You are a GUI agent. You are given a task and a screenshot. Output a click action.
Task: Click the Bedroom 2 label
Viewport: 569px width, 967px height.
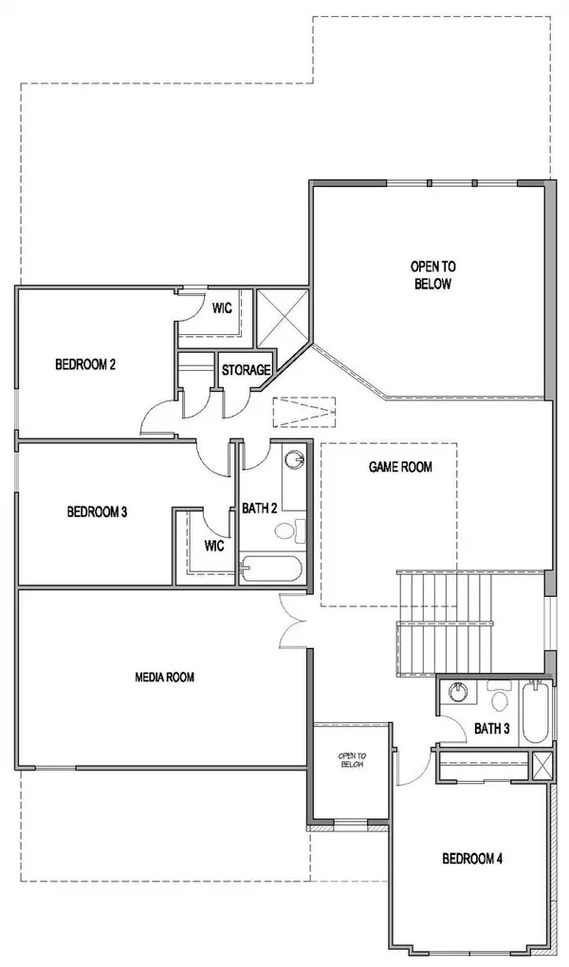[x=85, y=364]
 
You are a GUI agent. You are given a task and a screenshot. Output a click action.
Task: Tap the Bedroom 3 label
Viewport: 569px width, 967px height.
[x=97, y=511]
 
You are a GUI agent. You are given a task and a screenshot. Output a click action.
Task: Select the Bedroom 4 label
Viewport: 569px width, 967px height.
[x=472, y=859]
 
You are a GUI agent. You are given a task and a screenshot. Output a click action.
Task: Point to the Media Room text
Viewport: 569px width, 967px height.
[x=165, y=678]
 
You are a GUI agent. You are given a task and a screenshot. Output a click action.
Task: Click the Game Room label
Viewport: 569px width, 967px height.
[x=401, y=467]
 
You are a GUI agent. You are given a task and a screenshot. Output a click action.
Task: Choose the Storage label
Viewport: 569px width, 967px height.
[x=246, y=370]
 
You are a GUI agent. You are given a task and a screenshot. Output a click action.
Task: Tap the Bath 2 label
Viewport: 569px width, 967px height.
[x=259, y=508]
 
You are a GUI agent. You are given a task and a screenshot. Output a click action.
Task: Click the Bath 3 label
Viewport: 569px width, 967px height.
[x=492, y=728]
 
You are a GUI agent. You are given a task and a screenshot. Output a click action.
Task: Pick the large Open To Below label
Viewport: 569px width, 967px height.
[x=433, y=275]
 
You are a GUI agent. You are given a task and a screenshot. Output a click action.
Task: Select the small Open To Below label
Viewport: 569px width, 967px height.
[x=353, y=760]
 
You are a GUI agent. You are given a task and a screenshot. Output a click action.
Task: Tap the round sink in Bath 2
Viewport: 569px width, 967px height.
[x=296, y=459]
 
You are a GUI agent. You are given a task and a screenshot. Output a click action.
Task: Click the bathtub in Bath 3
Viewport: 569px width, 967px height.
[x=535, y=712]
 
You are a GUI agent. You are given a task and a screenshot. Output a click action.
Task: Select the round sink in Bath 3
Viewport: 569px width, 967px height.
[x=457, y=693]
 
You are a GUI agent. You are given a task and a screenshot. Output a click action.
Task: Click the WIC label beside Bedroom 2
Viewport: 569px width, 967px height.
[x=222, y=307]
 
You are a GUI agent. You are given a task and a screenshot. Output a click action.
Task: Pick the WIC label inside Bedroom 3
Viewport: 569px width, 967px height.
[x=214, y=546]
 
